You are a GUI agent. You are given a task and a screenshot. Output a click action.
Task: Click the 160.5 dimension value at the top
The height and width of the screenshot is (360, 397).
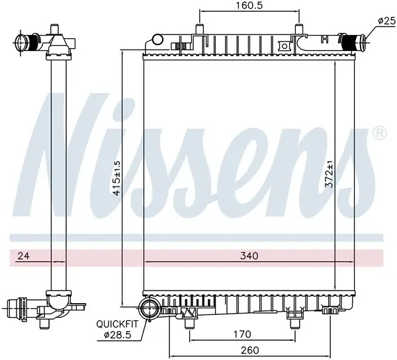coord(249,5)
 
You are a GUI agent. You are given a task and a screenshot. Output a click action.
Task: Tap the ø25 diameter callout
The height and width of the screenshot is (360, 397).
coord(387,21)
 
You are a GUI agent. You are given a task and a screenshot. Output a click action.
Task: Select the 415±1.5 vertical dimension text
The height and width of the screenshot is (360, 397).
coord(116,178)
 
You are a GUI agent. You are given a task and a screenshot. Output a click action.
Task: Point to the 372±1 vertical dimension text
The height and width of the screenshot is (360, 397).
coord(330,174)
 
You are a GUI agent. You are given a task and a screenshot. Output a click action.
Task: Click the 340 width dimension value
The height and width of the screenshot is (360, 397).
coord(249,255)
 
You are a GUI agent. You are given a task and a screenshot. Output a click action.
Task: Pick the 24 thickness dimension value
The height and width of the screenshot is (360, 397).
coord(24,255)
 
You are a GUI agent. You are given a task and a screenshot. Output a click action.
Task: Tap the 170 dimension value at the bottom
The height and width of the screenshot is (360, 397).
coord(242,334)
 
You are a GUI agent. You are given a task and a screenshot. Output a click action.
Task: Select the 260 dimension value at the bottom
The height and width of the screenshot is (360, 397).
coord(249,350)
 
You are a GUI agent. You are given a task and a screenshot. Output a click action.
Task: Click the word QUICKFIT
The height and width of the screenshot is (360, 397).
coord(118,324)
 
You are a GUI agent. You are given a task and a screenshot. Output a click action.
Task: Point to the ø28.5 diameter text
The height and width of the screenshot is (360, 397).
coord(118,335)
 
